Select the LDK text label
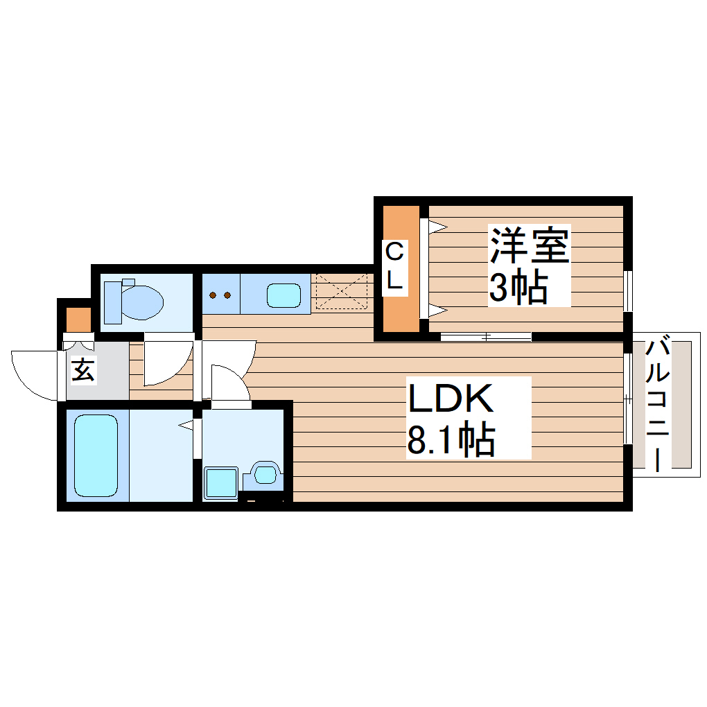pos(451,399)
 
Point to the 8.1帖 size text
pos(451,439)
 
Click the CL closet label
pos(394,266)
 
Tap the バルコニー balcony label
pos(658,404)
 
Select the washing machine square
pos(221,482)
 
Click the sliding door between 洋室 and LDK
pos(486,338)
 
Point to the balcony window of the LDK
pos(627,399)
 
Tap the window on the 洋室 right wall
pos(628,290)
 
